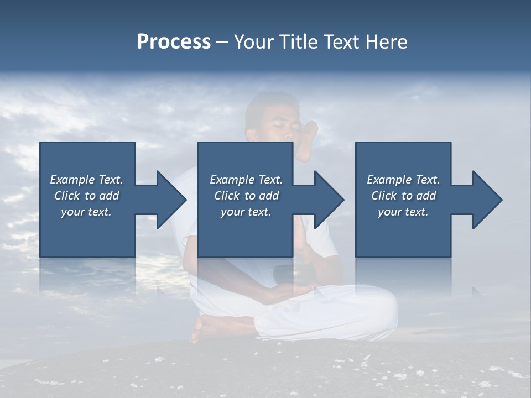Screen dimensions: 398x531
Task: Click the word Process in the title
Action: (x=174, y=42)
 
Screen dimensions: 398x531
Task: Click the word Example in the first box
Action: (x=72, y=180)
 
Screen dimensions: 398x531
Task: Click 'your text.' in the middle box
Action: (x=246, y=212)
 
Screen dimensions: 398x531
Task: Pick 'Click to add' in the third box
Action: (x=403, y=196)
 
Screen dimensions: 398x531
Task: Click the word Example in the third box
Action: (x=389, y=180)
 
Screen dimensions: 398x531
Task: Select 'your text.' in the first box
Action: (x=86, y=212)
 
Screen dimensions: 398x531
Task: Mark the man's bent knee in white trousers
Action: (x=376, y=310)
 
